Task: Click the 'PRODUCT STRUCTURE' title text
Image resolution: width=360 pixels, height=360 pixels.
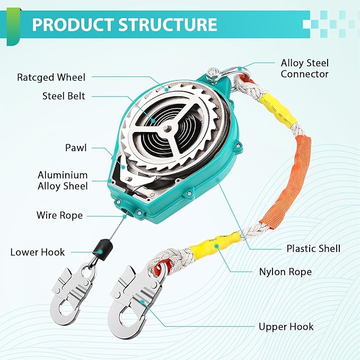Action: click(x=124, y=24)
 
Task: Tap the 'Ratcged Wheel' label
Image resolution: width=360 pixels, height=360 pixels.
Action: click(x=51, y=78)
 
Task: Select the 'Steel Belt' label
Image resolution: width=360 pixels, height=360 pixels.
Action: click(x=64, y=96)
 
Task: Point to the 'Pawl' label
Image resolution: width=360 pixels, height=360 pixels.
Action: click(x=76, y=148)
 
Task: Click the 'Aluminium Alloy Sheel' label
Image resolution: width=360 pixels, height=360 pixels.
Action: click(x=63, y=180)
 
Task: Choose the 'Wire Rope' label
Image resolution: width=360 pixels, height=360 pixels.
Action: click(x=59, y=215)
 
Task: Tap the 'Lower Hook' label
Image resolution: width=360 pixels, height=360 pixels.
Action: click(x=38, y=252)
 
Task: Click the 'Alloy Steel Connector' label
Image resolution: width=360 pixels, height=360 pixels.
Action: click(x=304, y=69)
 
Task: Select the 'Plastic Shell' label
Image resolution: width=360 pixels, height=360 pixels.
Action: click(x=313, y=249)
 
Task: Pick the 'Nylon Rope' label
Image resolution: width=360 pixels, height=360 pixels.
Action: click(x=285, y=272)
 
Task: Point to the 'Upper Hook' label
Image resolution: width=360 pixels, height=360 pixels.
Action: click(x=286, y=327)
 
